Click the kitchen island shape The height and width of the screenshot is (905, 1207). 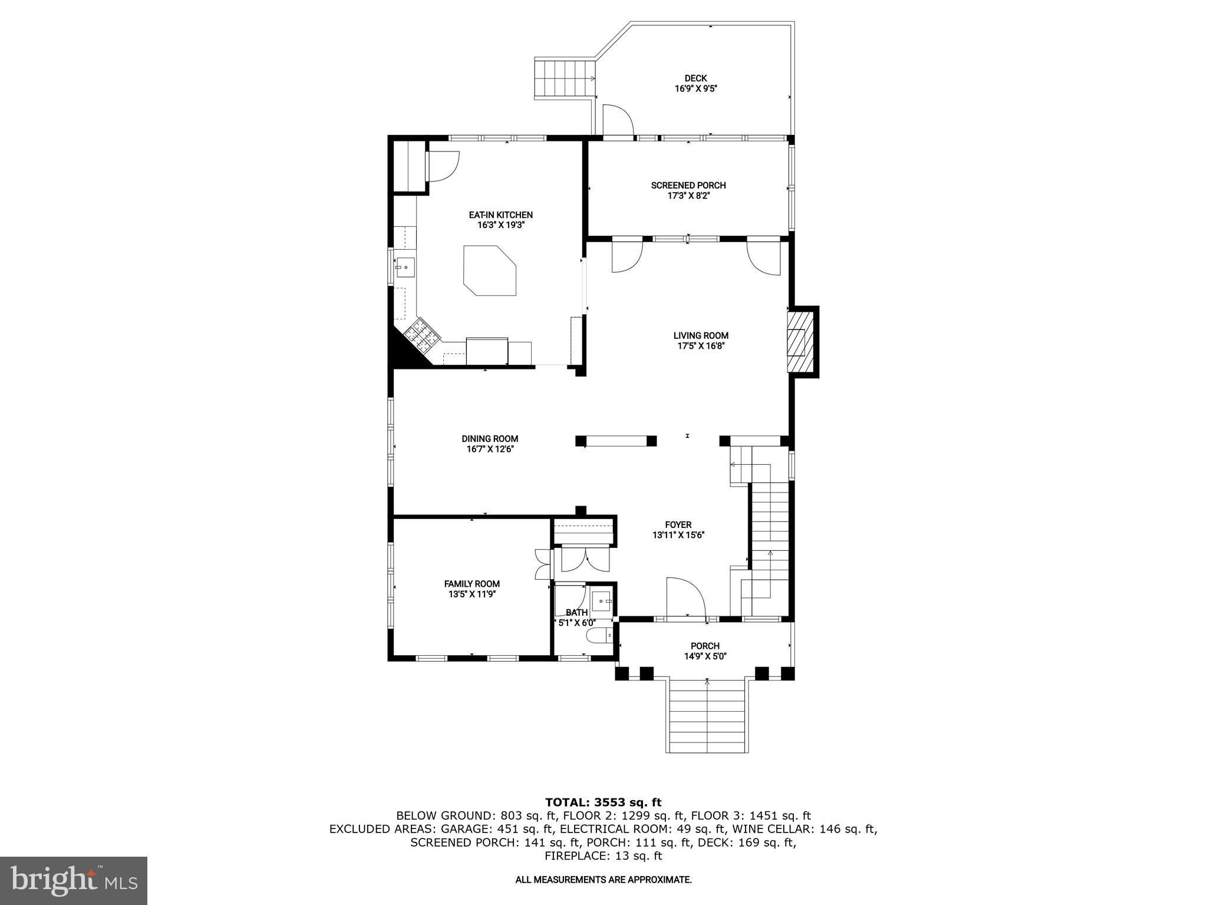[490, 271]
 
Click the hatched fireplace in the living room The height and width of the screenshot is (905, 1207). [800, 342]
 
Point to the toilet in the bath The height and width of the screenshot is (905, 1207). [599, 636]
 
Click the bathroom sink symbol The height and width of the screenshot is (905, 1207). [602, 601]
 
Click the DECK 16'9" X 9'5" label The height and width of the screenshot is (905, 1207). [695, 84]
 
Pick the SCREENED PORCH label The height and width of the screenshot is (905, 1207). [688, 186]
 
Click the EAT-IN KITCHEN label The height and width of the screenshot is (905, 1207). [501, 215]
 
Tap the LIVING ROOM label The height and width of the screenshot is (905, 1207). [701, 336]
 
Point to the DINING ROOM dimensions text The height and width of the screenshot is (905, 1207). [490, 449]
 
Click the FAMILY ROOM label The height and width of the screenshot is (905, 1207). [471, 584]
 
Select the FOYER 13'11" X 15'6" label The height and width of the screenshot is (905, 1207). [678, 530]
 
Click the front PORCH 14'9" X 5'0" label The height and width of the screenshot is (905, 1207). [705, 651]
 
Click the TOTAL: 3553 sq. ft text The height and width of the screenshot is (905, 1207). [603, 802]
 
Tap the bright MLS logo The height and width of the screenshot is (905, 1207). [74, 881]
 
